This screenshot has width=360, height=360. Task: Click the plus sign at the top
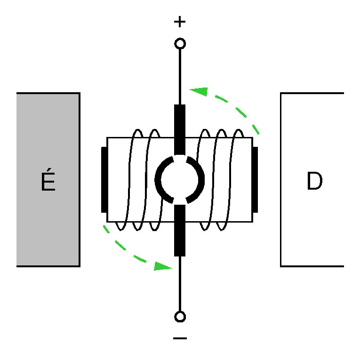(180, 22)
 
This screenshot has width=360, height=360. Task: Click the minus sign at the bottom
(180, 338)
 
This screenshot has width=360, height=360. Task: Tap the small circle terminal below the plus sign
(180, 44)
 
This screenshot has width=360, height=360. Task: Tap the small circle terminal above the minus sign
(180, 316)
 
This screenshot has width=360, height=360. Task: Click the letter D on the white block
(314, 182)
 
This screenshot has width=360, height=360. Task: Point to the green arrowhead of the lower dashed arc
(162, 266)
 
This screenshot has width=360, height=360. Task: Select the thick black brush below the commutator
(180, 231)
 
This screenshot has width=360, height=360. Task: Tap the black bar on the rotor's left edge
(104, 180)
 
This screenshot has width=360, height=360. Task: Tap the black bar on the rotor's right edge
(255, 180)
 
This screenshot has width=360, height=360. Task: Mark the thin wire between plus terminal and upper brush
(180, 75)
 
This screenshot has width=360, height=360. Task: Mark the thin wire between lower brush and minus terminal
(180, 284)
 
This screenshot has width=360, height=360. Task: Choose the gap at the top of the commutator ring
(180, 158)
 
